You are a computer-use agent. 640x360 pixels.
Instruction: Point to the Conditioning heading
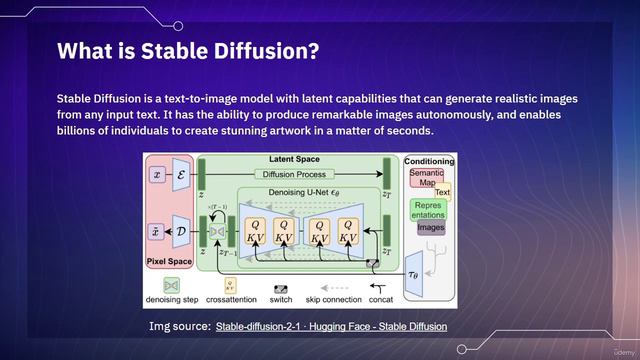pos(429,161)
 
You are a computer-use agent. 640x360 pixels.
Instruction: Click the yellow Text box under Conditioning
pos(442,192)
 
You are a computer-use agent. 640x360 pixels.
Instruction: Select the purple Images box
pos(431,227)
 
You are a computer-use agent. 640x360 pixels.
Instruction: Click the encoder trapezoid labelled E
pos(181,174)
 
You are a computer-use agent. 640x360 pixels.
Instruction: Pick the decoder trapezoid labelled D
pos(181,230)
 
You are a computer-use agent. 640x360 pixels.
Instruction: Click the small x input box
pos(157,174)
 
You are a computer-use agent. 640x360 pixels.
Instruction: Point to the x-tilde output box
pos(157,230)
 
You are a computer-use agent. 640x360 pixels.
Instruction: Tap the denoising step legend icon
pos(157,286)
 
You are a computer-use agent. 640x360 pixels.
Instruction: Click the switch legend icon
pos(282,286)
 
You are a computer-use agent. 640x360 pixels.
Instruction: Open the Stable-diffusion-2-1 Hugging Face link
pos(331,326)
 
